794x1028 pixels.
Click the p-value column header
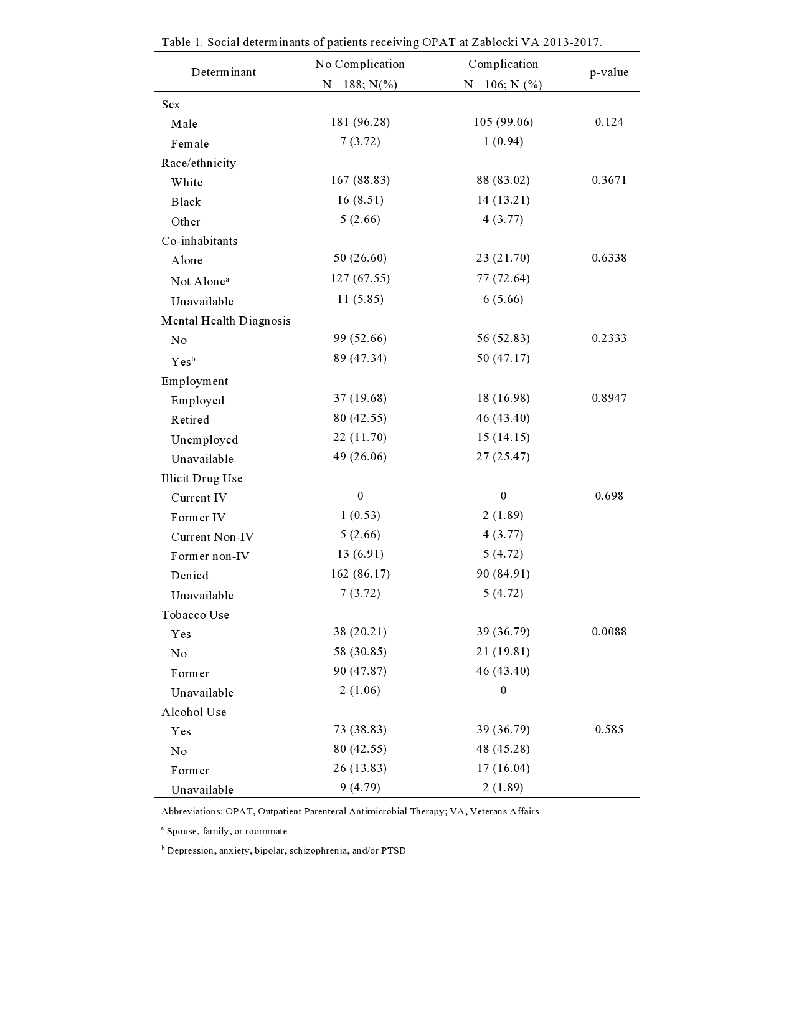609,72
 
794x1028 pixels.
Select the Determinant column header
224,72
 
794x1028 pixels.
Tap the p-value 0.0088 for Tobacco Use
609,632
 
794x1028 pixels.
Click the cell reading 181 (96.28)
360,122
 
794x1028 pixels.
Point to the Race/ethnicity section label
199,163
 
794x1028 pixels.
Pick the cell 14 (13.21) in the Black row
503,200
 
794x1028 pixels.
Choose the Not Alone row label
199,281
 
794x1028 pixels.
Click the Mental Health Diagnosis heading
226,321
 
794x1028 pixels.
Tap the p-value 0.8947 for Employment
609,398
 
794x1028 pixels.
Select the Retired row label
190,420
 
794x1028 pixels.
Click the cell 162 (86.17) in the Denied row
360,574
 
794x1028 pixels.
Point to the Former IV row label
198,518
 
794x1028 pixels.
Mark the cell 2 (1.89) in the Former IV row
503,515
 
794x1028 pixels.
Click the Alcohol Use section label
194,712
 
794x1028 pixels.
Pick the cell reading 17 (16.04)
503,768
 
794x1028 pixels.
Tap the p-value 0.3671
609,180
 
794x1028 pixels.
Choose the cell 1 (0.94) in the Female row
503,141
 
